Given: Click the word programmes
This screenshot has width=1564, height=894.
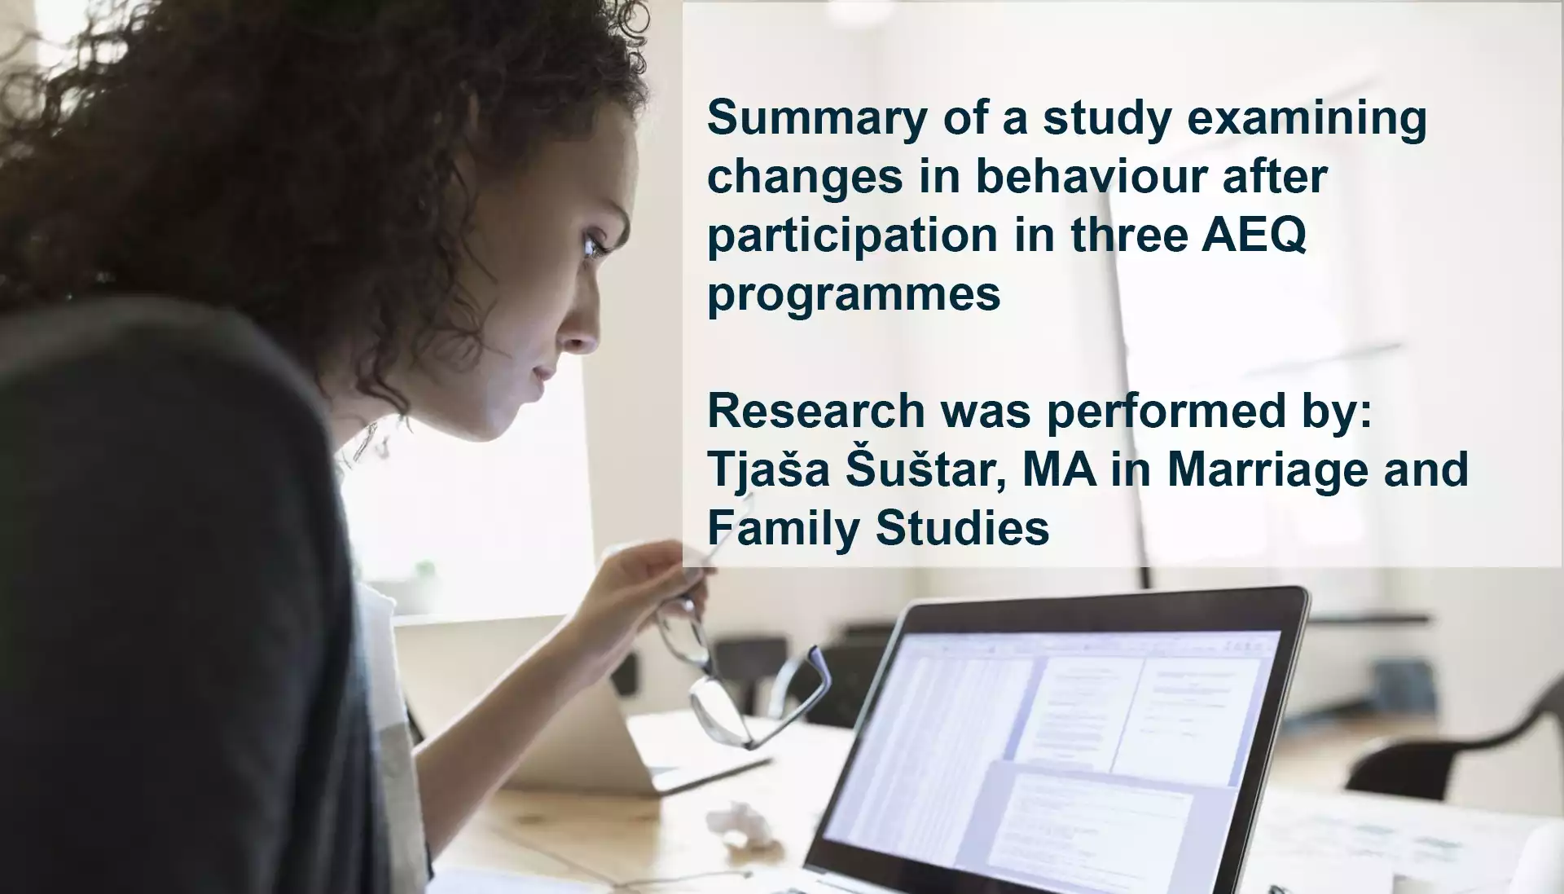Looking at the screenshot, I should click(x=854, y=294).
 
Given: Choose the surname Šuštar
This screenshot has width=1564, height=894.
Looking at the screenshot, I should click(x=925, y=470).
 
